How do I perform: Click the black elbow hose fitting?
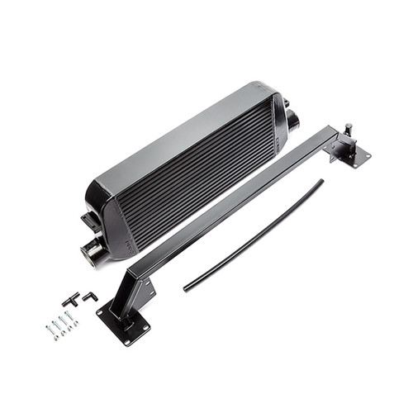click(x=89, y=295)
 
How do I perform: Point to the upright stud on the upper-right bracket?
click(x=349, y=130)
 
